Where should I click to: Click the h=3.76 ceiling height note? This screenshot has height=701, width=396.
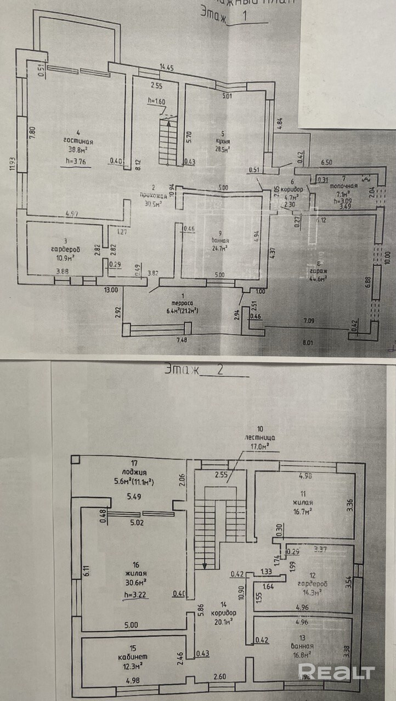point(75,160)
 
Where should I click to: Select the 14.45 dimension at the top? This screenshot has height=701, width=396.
point(167,67)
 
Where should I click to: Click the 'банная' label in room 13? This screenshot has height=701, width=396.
point(302,645)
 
